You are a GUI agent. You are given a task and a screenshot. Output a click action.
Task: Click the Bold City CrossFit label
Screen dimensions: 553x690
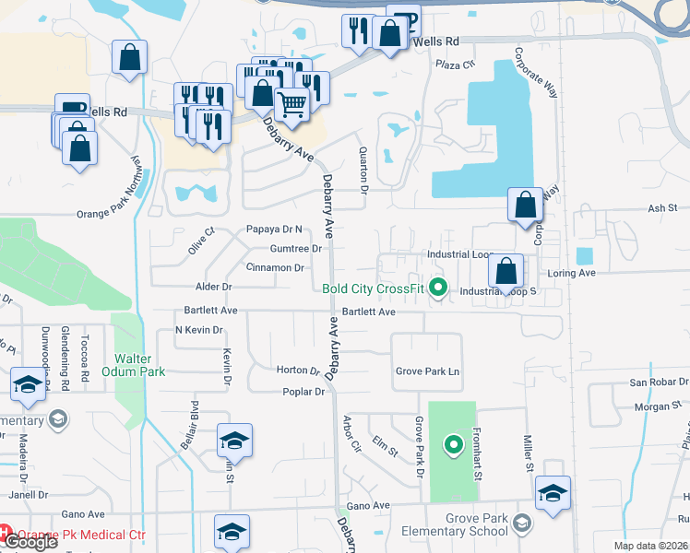(374, 288)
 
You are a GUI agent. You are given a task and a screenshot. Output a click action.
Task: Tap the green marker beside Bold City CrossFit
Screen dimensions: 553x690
(439, 288)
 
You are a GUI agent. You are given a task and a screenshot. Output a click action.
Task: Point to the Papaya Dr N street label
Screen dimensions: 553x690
(274, 229)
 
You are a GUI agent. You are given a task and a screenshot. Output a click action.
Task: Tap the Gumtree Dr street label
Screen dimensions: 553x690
(295, 249)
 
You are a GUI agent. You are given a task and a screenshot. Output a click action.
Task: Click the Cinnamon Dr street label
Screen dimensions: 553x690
(274, 268)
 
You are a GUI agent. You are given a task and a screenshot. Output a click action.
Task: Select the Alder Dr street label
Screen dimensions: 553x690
(212, 288)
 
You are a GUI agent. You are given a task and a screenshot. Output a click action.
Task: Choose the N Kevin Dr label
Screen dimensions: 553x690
(199, 330)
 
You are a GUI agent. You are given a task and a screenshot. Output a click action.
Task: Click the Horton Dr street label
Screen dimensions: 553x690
(297, 371)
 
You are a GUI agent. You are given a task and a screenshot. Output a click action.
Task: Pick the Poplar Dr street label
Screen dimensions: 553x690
(304, 392)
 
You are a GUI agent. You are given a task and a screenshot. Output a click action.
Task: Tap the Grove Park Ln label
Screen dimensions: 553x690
(427, 372)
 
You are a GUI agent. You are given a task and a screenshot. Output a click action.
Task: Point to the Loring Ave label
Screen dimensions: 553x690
(572, 274)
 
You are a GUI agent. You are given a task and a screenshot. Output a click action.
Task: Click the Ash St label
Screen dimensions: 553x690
(662, 209)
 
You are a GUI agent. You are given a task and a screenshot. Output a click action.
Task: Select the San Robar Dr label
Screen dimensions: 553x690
(653, 382)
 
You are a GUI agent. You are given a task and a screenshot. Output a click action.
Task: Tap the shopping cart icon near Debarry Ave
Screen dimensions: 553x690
(292, 106)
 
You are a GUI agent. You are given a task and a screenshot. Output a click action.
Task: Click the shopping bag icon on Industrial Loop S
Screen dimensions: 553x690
(506, 271)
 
